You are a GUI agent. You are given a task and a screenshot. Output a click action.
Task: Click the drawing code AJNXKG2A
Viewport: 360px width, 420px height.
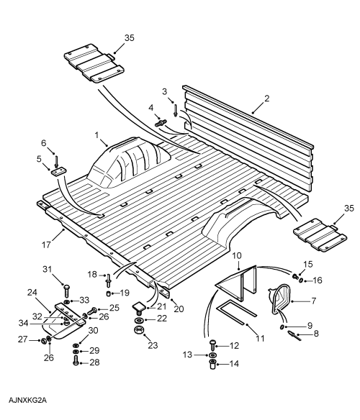(27, 401)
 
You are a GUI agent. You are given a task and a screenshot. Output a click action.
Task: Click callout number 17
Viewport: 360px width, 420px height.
(46, 245)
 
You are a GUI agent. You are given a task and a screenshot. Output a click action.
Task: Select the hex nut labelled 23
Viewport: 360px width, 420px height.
(138, 330)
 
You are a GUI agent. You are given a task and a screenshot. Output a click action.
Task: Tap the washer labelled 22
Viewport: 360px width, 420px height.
(139, 320)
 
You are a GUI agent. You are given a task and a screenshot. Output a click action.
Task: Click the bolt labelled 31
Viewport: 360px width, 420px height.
(66, 291)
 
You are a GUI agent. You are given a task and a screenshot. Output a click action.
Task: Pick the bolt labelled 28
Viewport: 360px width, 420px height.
(76, 361)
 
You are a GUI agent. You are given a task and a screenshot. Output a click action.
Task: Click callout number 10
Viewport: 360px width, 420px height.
(237, 256)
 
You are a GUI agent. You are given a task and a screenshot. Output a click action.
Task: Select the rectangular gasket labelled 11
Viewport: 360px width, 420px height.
(236, 312)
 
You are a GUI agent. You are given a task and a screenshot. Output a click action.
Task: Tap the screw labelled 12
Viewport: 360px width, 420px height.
(212, 345)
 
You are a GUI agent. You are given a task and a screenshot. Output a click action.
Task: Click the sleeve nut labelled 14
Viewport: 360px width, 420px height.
(212, 365)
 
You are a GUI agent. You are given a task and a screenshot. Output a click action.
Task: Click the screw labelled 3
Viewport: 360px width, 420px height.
(175, 110)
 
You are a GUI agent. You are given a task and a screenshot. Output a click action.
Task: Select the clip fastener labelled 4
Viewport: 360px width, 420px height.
(161, 122)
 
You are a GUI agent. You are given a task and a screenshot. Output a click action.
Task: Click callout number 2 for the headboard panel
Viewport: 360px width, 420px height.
(266, 99)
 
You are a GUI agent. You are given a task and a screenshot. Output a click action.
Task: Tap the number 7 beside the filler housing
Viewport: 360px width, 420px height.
(314, 301)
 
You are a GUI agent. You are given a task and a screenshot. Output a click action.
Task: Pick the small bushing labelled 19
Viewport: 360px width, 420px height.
(109, 294)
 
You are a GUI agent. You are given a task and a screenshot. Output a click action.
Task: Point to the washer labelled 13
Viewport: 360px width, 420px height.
(212, 355)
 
